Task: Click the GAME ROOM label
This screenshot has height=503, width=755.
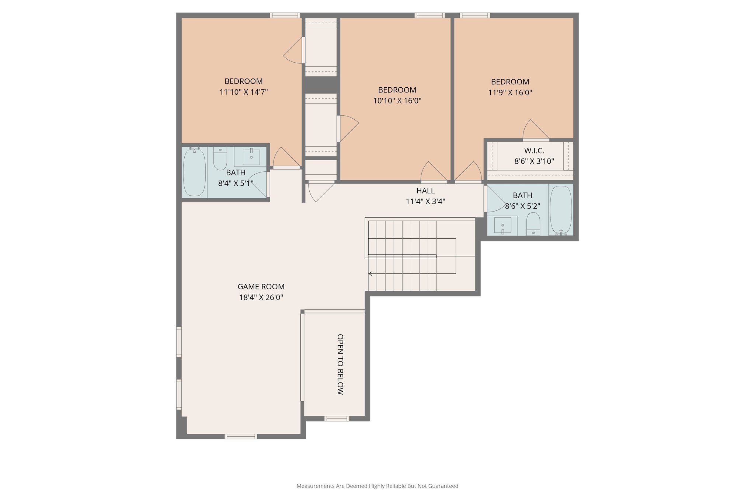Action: coord(261,287)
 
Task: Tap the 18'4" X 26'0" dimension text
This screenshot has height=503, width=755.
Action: coord(261,297)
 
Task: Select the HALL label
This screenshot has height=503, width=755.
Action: coord(425,191)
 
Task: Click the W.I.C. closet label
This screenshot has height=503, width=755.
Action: coord(534,151)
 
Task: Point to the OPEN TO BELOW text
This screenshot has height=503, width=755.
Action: coord(340,364)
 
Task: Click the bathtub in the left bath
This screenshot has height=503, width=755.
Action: coord(194,172)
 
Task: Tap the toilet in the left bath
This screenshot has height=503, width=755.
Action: coord(220,159)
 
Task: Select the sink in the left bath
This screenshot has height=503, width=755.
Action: coord(251,157)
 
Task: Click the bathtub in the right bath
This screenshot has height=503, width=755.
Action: coord(561,209)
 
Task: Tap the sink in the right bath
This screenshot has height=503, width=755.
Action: coord(502,225)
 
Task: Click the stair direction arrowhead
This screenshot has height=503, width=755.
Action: coord(370,273)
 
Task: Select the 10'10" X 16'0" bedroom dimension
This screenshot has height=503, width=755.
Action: coord(397,101)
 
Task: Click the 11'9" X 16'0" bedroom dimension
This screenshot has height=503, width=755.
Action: coord(510,92)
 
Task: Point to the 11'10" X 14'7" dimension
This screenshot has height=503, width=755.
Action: coord(243,92)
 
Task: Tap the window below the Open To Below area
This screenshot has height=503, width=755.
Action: coord(336,418)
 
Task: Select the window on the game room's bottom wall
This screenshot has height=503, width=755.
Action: coord(241,436)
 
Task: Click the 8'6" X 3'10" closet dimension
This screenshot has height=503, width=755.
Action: coord(534,161)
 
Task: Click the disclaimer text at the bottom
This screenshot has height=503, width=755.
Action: coord(377,486)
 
